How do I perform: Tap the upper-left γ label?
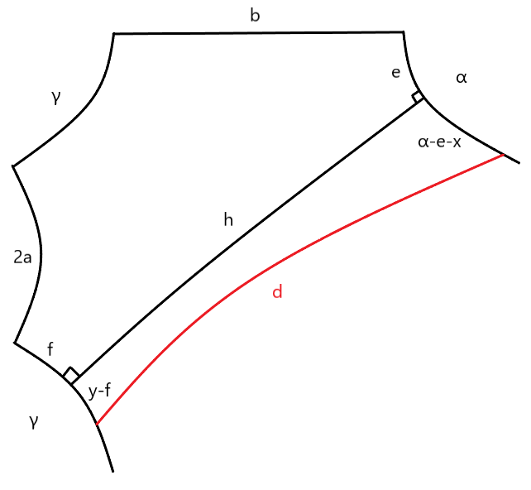pyautogui.click(x=55, y=98)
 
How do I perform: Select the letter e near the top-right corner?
pyautogui.click(x=395, y=73)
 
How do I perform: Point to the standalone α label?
pyautogui.click(x=462, y=78)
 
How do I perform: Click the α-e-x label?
pyautogui.click(x=439, y=142)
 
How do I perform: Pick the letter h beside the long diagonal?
pyautogui.click(x=228, y=219)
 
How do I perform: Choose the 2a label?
pyautogui.click(x=22, y=257)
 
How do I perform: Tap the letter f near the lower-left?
pyautogui.click(x=50, y=350)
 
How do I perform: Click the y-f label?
pyautogui.click(x=99, y=392)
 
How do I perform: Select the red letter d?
pyautogui.click(x=277, y=292)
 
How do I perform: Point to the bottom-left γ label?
pyautogui.click(x=33, y=422)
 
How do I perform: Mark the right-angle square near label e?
pyautogui.click(x=419, y=98)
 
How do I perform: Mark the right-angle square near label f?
pyautogui.click(x=72, y=376)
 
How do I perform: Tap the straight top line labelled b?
pyautogui.click(x=256, y=33)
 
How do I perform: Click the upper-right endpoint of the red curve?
pyautogui.click(x=503, y=155)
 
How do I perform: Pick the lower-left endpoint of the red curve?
pyautogui.click(x=97, y=425)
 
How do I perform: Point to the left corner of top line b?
pyautogui.click(x=113, y=34)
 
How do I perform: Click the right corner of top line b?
pyautogui.click(x=403, y=32)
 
